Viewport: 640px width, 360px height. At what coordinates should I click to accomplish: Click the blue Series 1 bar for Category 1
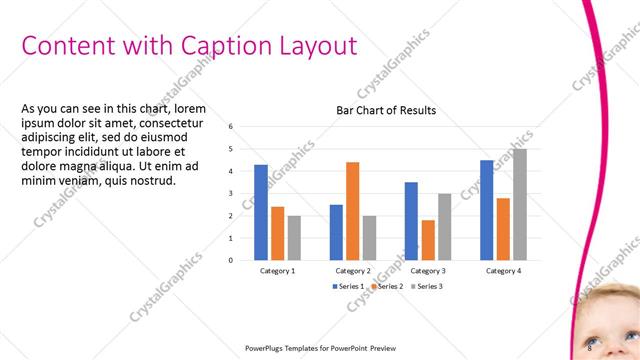(x=261, y=212)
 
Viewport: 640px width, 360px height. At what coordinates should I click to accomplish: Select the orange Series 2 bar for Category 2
(x=353, y=210)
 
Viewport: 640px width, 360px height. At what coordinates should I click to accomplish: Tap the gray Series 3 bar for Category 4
(x=520, y=204)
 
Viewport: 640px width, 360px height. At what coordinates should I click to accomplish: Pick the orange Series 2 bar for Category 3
(x=428, y=240)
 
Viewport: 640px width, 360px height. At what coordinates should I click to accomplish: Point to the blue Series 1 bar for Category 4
(x=486, y=210)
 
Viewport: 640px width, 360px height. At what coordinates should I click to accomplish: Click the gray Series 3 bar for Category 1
(x=294, y=238)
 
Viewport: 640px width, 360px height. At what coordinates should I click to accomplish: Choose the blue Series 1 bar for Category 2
(x=336, y=232)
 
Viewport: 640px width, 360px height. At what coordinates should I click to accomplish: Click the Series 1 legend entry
(x=347, y=287)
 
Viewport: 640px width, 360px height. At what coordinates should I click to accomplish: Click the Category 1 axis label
(x=277, y=271)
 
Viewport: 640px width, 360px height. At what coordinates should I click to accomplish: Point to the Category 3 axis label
(x=428, y=271)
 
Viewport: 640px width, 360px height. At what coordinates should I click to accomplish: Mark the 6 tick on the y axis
(x=231, y=127)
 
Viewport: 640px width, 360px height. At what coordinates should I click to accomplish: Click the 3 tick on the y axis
(x=231, y=194)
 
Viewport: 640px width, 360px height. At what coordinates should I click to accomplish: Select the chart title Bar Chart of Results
(x=385, y=110)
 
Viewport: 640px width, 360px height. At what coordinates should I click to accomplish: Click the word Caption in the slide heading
(x=222, y=45)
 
